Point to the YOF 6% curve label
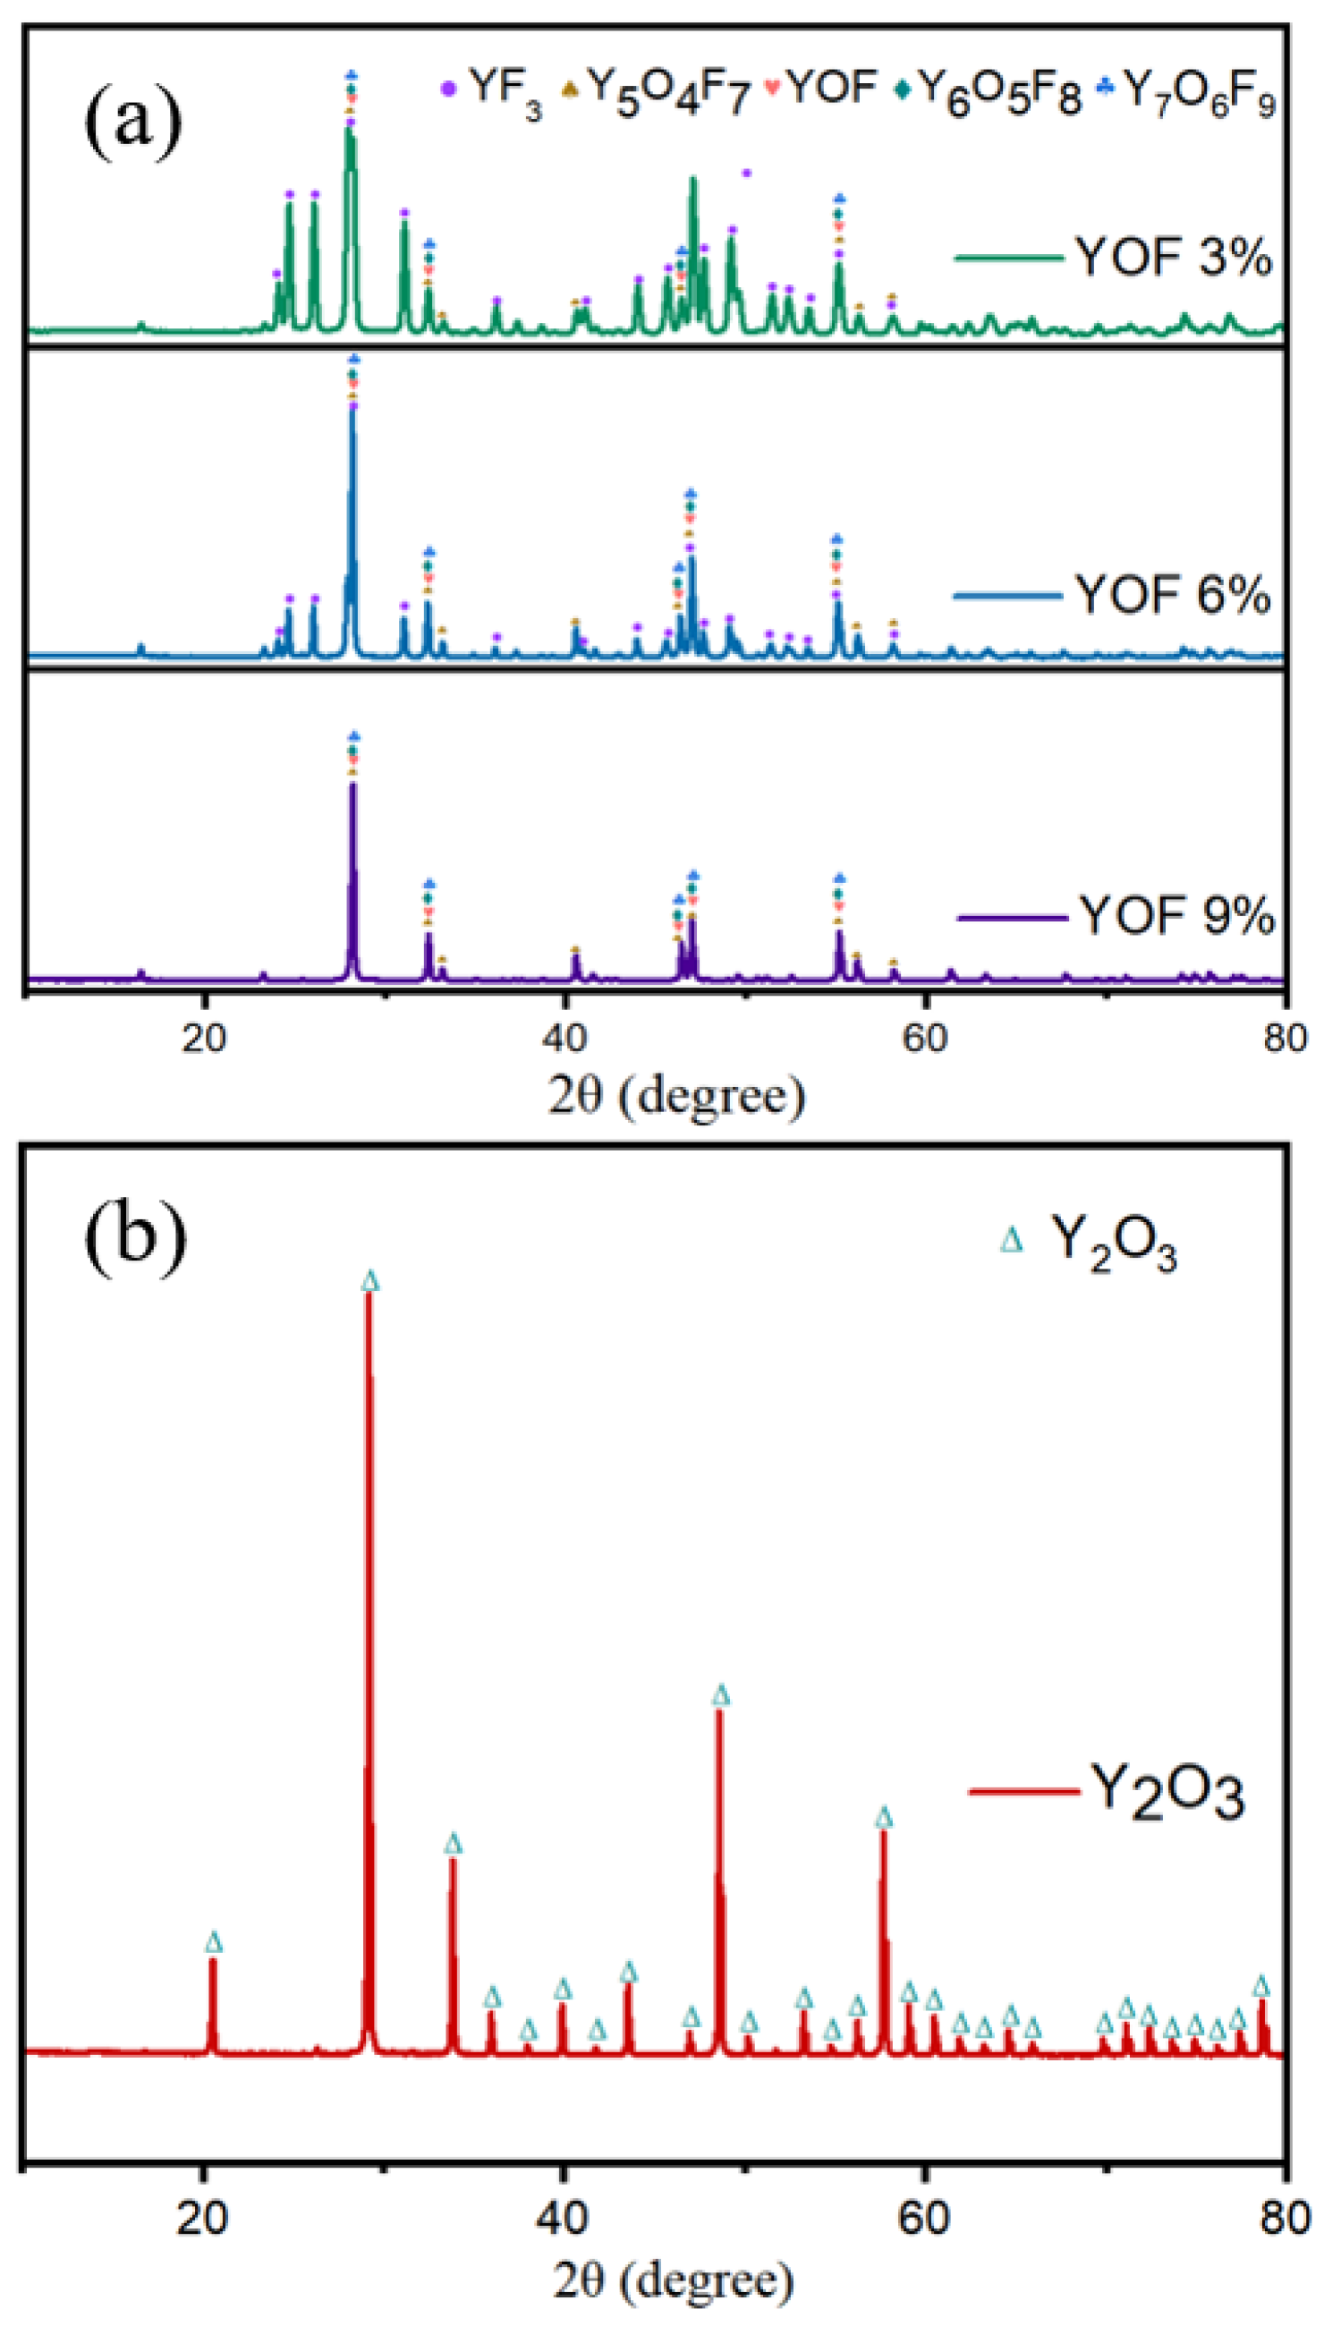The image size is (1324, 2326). click(1173, 596)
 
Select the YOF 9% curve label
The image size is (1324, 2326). click(1176, 916)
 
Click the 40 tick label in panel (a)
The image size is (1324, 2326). click(564, 1037)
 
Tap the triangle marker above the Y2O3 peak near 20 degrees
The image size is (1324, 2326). click(214, 1943)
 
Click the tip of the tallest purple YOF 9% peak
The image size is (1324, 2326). click(352, 784)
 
